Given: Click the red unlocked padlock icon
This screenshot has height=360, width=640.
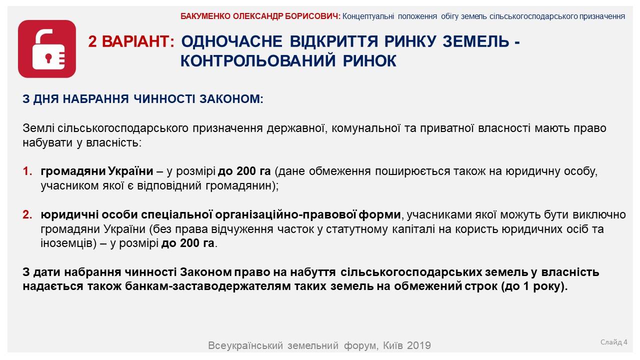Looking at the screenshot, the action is pyautogui.click(x=47, y=49).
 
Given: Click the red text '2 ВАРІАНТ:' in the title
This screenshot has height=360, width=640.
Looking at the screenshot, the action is pyautogui.click(x=131, y=41).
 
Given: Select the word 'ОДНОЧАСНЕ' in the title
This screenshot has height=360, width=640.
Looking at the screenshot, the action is pyautogui.click(x=231, y=41).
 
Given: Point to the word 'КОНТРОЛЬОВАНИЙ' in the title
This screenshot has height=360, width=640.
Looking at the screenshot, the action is pyautogui.click(x=257, y=60).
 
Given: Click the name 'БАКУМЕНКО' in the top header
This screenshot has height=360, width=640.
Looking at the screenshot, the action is pyautogui.click(x=205, y=16).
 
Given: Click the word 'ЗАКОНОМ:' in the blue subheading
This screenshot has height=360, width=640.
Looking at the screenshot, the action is pyautogui.click(x=231, y=99).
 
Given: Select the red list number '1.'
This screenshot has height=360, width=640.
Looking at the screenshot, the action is pyautogui.click(x=27, y=171).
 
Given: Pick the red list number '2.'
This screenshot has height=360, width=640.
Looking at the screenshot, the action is pyautogui.click(x=27, y=214).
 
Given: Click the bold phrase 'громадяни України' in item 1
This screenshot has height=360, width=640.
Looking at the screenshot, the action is pyautogui.click(x=97, y=171).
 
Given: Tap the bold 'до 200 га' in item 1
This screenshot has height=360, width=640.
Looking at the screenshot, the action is pyautogui.click(x=244, y=171).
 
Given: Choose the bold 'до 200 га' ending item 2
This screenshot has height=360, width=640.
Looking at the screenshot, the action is pyautogui.click(x=187, y=243).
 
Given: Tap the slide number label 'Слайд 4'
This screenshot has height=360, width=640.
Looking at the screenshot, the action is pyautogui.click(x=613, y=342).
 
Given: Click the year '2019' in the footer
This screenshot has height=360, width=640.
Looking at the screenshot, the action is pyautogui.click(x=418, y=345).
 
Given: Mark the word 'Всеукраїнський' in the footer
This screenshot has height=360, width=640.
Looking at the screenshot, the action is pyautogui.click(x=245, y=345).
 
